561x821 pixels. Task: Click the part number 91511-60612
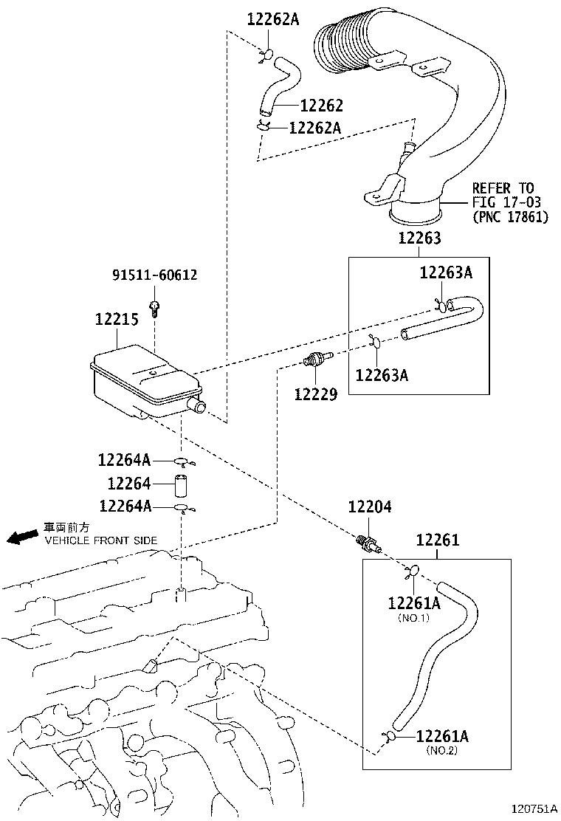pos(154,275)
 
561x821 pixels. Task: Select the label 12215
pos(117,320)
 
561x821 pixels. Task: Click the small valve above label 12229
pos(316,361)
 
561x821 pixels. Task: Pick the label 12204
pos(370,507)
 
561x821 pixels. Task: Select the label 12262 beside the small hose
pos(321,106)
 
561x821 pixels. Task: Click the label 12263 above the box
pos(419,238)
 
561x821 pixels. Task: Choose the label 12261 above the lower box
pos(437,540)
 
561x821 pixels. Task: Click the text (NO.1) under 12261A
pos(413,617)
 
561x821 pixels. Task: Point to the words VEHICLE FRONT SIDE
pos(101,540)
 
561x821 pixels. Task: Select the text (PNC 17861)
pos(510,218)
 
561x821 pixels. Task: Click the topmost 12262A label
pos(272,20)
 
